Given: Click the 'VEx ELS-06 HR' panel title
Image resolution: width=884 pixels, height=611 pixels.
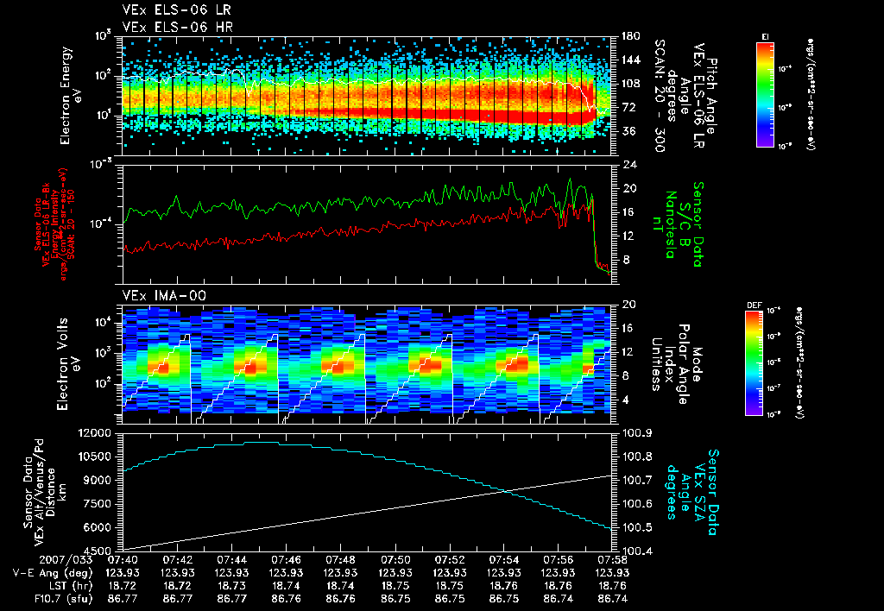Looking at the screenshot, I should pos(167,27).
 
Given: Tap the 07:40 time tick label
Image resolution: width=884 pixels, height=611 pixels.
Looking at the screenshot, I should pos(123,559).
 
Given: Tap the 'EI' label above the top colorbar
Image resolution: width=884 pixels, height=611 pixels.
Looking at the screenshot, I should pos(766,35).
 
